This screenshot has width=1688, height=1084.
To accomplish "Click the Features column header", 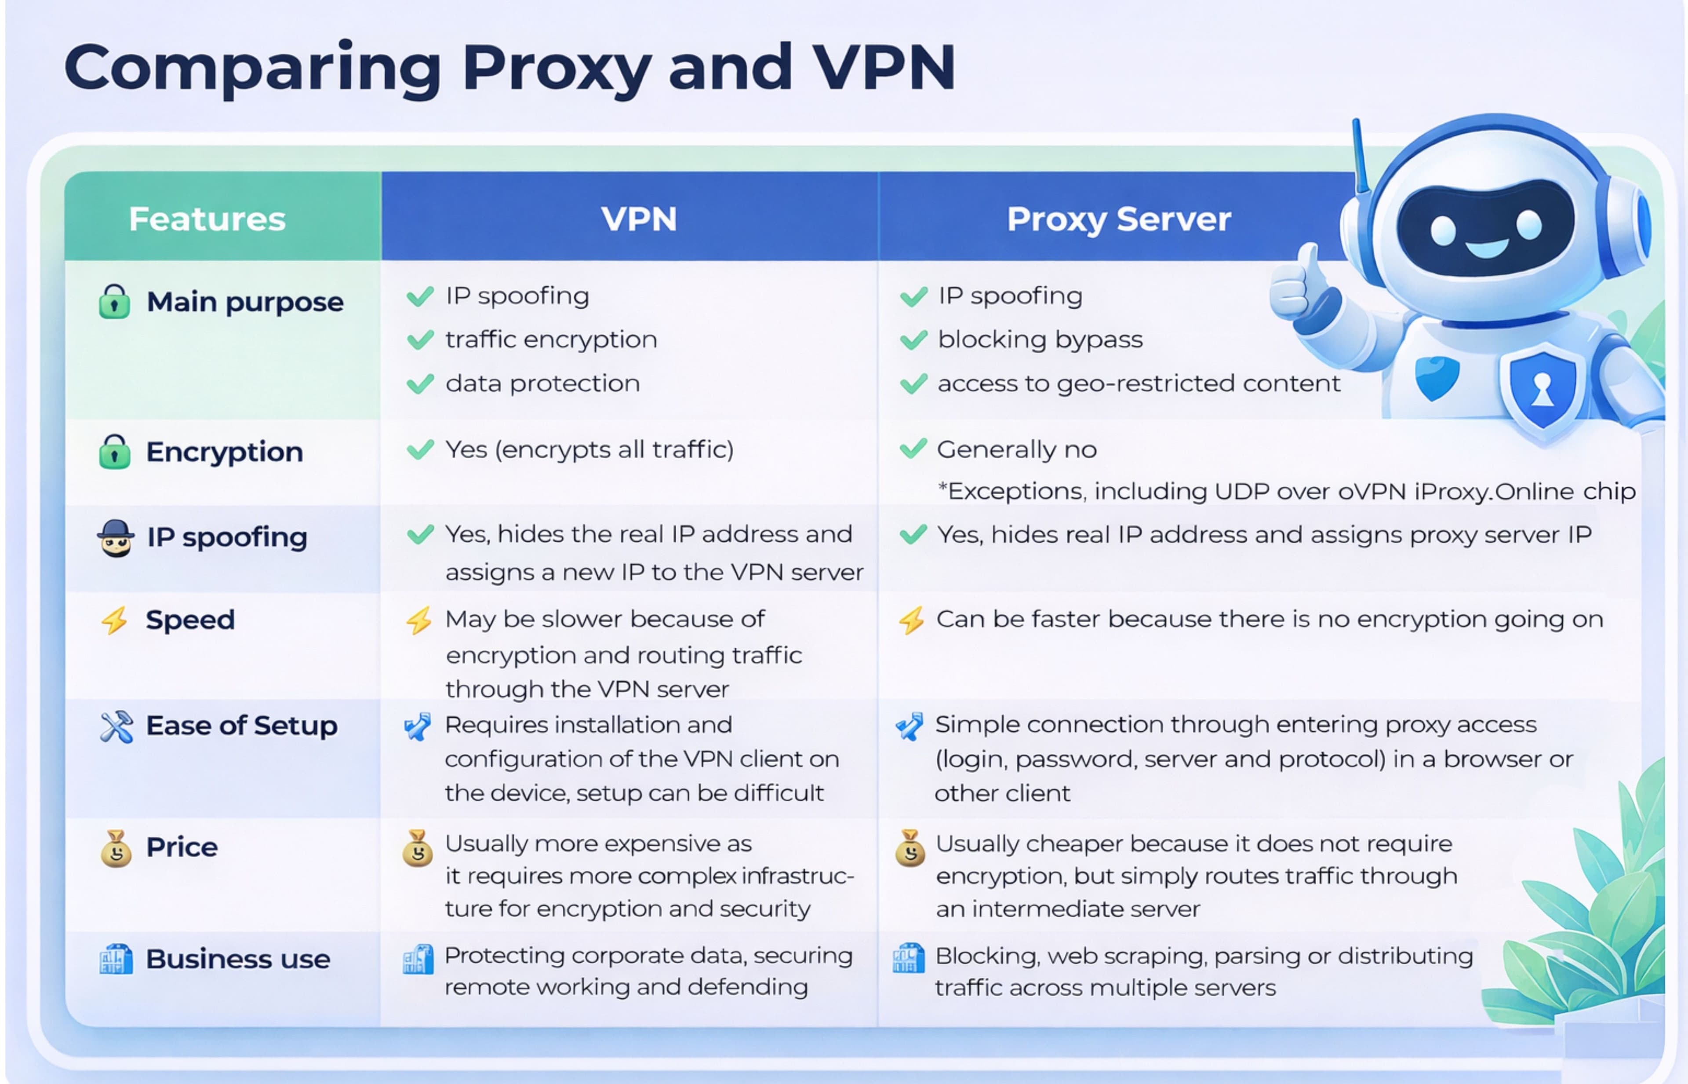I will [x=207, y=219].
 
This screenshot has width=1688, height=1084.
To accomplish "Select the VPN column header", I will [x=638, y=219].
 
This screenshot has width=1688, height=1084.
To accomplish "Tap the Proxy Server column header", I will [x=1119, y=219].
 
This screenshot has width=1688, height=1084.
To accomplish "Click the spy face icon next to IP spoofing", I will [x=116, y=538].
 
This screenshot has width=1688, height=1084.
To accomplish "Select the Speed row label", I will [x=190, y=620].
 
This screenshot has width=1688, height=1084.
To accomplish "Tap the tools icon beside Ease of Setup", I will [x=116, y=726].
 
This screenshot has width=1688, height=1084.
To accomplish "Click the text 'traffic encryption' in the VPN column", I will [x=551, y=340].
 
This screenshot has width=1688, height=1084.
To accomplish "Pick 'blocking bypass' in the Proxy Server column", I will [x=1040, y=340].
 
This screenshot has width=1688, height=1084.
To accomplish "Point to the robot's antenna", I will [x=1359, y=155].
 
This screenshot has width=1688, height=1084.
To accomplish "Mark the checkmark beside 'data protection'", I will [x=420, y=383].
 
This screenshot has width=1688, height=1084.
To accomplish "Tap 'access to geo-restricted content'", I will [x=1139, y=383].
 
